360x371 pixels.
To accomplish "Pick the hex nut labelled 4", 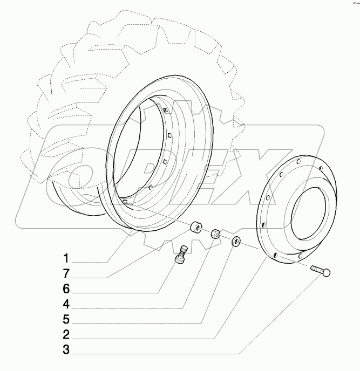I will [x=216, y=233].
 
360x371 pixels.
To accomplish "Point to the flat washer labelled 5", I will [x=236, y=242].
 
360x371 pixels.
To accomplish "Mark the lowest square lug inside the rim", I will [x=124, y=201].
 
